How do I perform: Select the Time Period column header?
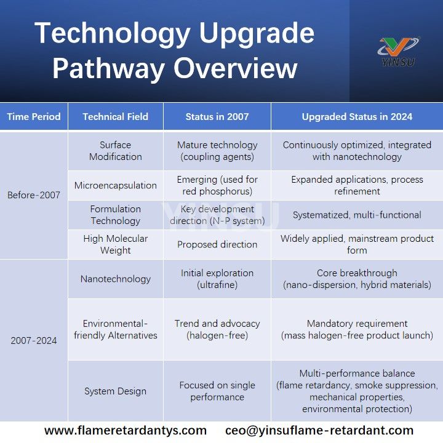click(34, 116)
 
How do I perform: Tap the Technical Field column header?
click(115, 116)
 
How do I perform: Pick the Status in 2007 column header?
click(217, 116)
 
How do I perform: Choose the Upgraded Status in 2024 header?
click(357, 116)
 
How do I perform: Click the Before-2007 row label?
click(34, 195)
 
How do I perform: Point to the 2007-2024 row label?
click(34, 340)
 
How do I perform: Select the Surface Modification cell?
click(115, 151)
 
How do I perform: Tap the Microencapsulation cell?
click(115, 185)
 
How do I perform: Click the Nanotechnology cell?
click(115, 279)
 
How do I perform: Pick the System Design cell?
click(115, 391)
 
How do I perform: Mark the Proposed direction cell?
click(217, 244)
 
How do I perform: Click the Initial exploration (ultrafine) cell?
click(217, 279)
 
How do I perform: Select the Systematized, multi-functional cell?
click(357, 215)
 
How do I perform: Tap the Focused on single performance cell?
click(217, 391)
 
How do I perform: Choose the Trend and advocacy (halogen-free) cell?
click(217, 329)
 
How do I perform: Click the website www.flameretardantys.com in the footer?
click(125, 431)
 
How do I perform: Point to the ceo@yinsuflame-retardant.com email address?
click(319, 431)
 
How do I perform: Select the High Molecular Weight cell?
click(115, 244)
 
